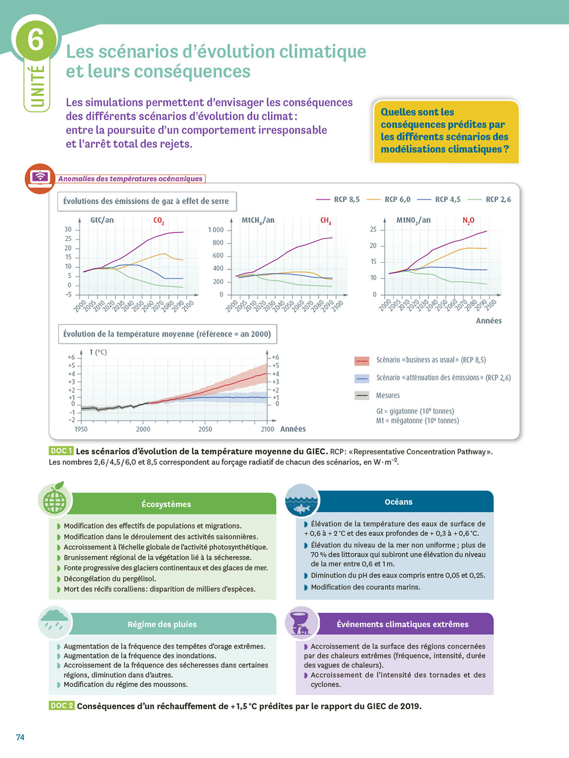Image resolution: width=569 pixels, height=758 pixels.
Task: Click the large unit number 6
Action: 35,39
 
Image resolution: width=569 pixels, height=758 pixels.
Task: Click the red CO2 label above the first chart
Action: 158,221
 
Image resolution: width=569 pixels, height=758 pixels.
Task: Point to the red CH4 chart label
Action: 325,221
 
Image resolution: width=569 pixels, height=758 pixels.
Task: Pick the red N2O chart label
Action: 468,221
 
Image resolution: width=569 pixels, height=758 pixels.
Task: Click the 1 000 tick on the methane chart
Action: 215,230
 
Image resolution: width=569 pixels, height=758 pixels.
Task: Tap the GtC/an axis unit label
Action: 102,220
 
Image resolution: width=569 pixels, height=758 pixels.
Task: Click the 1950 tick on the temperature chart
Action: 81,430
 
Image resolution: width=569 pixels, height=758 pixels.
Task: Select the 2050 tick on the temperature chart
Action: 205,430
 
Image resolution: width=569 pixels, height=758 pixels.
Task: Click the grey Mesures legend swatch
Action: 362,396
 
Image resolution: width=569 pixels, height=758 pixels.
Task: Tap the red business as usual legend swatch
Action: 362,360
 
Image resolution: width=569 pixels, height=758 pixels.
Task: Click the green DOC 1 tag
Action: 61,451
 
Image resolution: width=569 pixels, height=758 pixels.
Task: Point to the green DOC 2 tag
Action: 61,705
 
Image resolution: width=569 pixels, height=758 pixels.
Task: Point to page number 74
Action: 20,737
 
